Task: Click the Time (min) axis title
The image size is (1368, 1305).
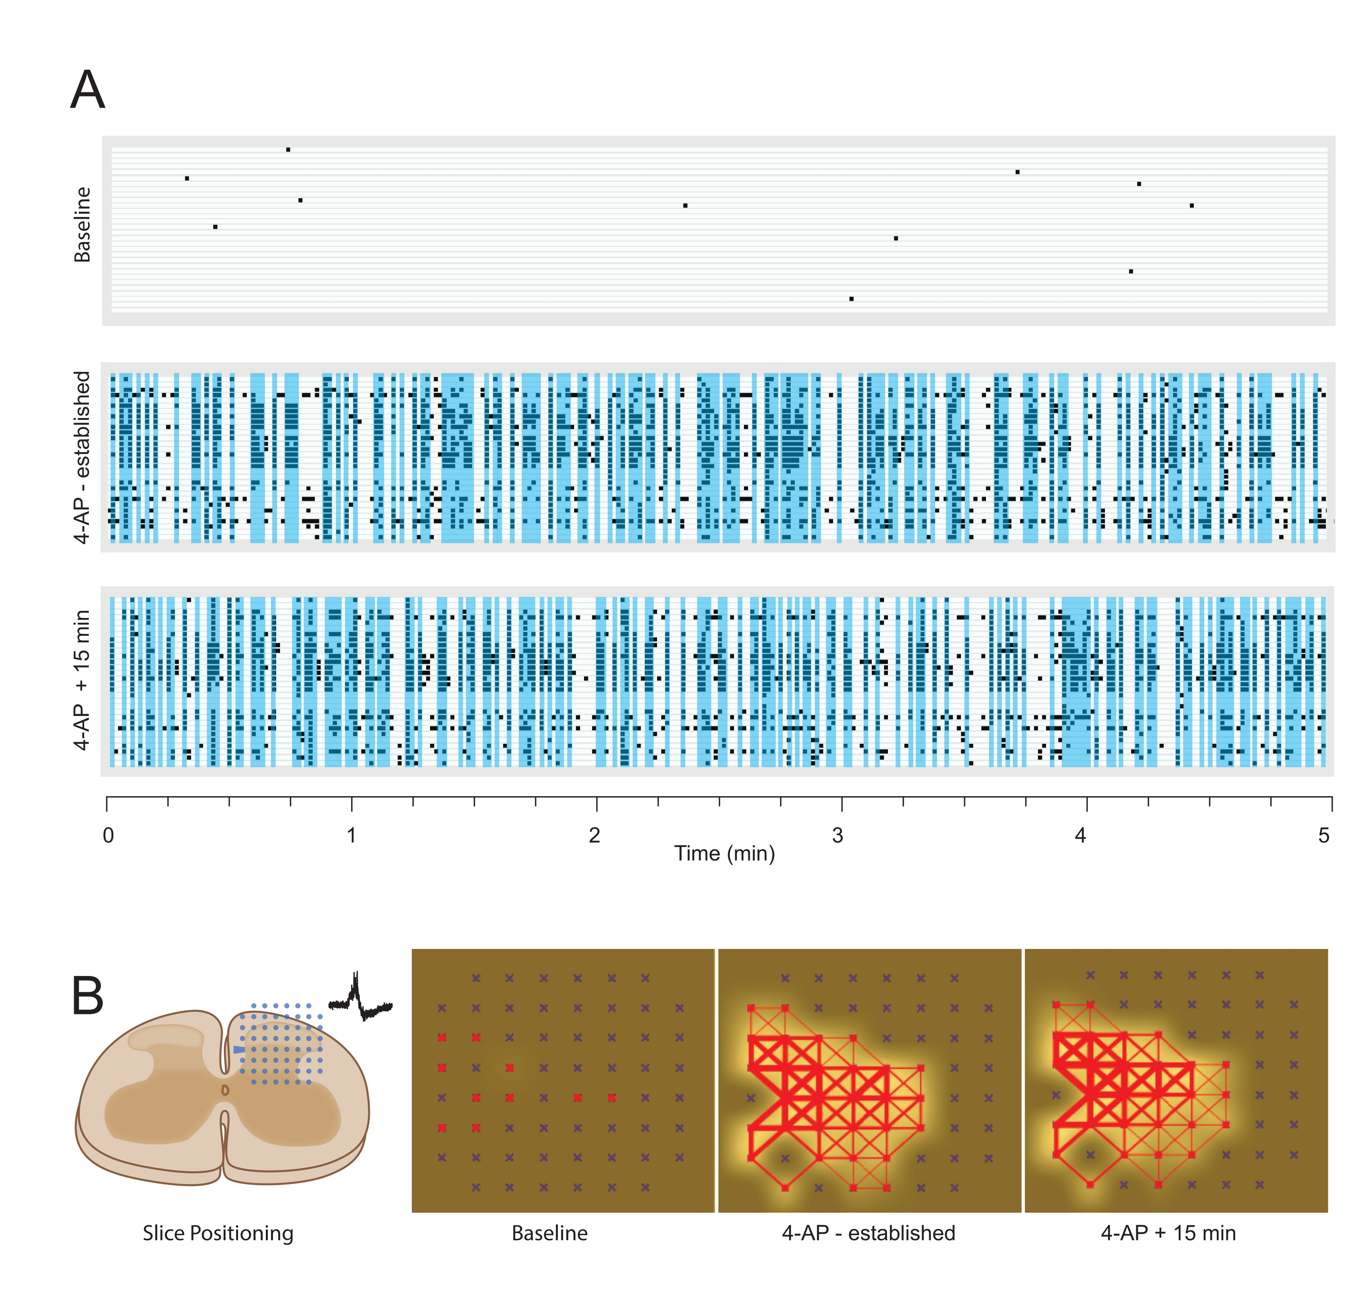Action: coord(724,854)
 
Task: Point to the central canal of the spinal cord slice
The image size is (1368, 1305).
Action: coord(225,1090)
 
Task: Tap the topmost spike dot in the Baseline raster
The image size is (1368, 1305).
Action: coord(288,150)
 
